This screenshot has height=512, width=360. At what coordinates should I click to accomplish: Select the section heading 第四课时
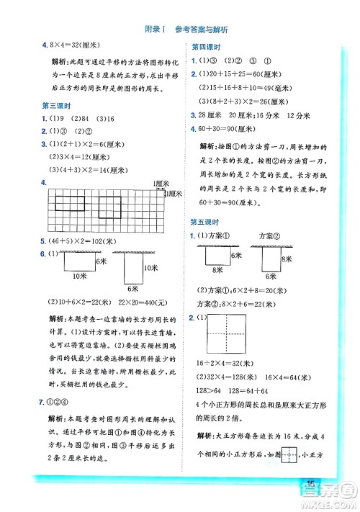point(205,46)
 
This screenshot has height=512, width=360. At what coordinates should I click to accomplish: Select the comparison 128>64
point(205,391)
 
